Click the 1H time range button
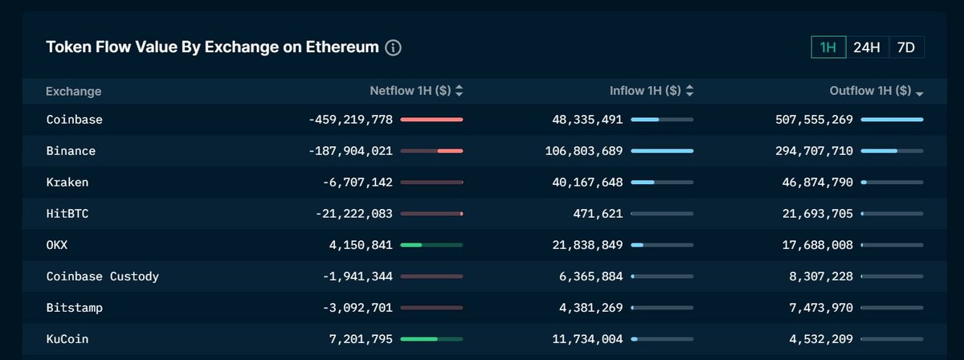coord(828,47)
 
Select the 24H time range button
coord(867,47)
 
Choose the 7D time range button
coord(905,47)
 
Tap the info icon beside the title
coord(393,47)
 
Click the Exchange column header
coord(74,92)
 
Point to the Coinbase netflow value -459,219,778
coord(350,120)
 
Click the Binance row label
coord(71,151)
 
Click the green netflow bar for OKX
coord(411,245)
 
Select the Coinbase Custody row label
coord(103,276)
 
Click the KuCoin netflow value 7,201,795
coord(361,339)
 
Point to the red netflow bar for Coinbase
coord(431,120)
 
